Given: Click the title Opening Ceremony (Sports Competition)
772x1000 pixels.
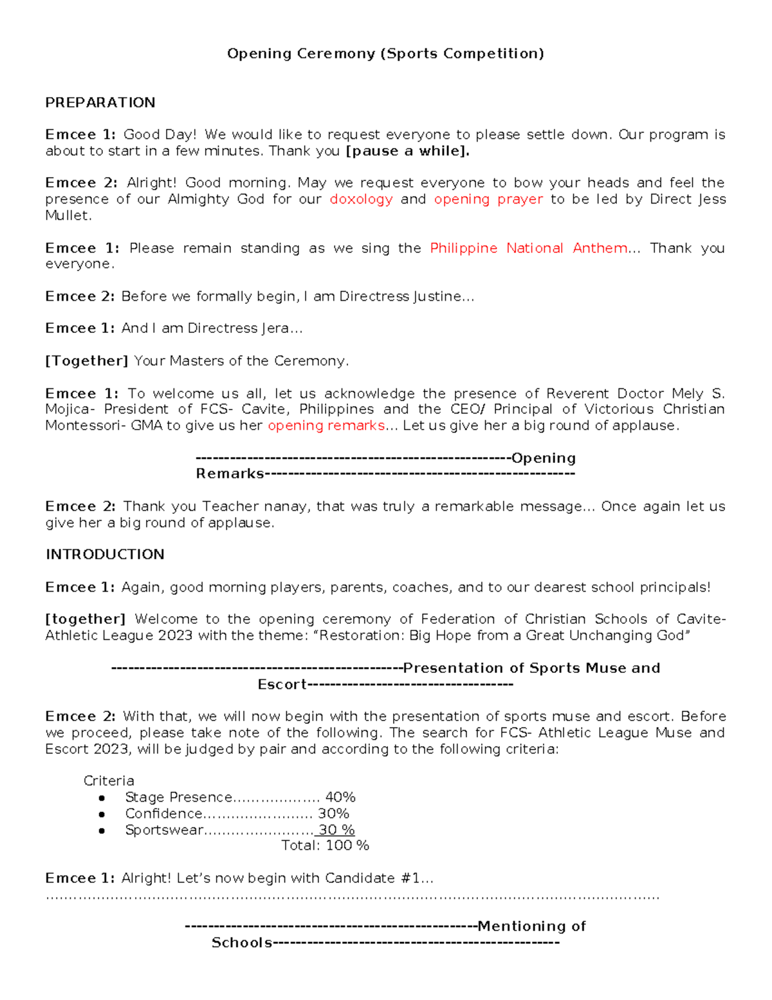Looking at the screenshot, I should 385,53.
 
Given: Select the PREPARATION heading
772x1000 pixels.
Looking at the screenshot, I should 100,102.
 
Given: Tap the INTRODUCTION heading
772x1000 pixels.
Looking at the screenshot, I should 104,554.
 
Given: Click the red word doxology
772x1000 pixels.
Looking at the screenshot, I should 361,199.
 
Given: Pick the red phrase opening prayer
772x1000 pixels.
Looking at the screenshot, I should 488,199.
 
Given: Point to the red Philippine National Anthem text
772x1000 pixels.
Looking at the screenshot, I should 528,248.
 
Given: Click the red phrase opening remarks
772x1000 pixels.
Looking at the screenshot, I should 326,426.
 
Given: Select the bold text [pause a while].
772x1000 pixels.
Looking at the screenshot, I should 407,151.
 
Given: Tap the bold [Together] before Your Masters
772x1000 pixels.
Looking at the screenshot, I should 87,361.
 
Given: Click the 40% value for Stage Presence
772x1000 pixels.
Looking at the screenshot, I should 340,797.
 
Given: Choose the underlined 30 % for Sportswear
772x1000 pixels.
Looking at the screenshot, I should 336,830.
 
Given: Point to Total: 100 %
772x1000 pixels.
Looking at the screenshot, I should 325,845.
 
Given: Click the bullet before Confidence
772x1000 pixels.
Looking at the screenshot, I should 102,815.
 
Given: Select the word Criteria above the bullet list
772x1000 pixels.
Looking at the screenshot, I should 109,781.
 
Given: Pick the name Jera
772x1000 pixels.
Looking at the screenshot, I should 275,328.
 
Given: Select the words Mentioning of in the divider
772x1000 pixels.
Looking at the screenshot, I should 531,926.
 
